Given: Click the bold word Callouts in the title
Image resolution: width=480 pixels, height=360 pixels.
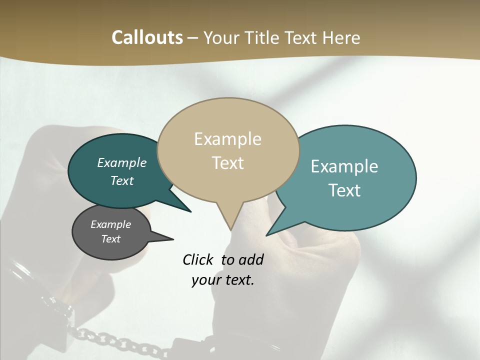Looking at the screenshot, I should pos(147,37).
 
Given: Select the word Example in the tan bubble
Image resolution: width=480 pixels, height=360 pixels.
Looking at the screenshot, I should pos(227,139).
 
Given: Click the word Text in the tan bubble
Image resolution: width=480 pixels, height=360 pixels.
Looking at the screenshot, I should pos(227,163).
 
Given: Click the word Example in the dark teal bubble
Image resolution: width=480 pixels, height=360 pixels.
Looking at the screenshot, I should pos(121,162).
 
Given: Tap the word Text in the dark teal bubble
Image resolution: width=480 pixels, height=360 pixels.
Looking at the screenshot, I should pos(121,180).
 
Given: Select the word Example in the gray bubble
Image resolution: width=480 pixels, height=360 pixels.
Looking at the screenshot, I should pos(110,224).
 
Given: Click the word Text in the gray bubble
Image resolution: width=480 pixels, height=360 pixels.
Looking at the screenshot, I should pos(110,239).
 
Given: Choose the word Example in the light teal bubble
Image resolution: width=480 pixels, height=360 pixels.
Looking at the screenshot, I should pos(344,166).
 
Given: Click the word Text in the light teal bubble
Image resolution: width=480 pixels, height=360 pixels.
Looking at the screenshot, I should pos(344,190).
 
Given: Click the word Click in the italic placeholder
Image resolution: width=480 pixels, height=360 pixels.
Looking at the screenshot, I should pos(198,259).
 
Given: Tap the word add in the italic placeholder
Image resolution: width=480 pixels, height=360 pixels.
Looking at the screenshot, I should pos(251,259).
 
